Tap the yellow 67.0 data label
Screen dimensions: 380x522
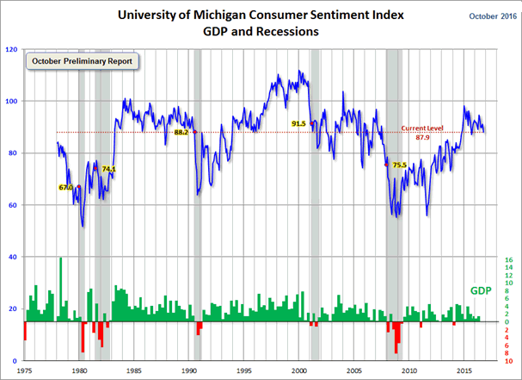click(x=65, y=187)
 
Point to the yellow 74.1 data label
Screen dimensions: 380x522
click(x=108, y=169)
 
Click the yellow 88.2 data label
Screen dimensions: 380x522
click(x=181, y=133)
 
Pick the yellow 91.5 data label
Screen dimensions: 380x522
click(x=299, y=123)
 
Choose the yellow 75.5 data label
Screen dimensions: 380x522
click(x=399, y=165)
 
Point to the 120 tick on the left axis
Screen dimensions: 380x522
click(x=11, y=50)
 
